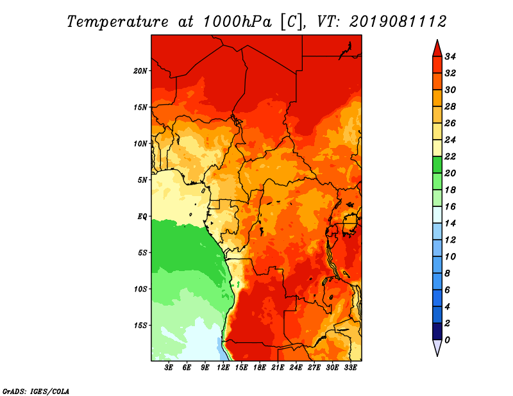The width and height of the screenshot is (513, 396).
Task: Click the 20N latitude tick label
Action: coord(140,71)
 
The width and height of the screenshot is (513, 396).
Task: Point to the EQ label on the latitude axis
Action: coord(142,217)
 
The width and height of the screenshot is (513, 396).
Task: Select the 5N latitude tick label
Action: coord(142,180)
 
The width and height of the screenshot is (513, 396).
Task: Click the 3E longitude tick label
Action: coord(169,368)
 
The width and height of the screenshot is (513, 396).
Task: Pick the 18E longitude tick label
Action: coord(260,368)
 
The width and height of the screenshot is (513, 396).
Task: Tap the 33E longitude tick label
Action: coord(350,368)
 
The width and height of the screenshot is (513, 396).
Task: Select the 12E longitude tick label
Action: coord(223,368)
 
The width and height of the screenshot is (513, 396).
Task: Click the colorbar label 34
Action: coord(450,56)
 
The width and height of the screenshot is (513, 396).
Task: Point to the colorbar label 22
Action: coord(450,156)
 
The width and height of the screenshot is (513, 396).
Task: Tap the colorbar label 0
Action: coord(447,340)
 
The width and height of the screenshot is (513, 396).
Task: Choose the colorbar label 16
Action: coord(450,207)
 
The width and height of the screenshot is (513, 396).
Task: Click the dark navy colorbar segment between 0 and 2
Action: coord(437,331)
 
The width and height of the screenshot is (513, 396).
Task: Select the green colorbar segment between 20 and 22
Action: coord(437,165)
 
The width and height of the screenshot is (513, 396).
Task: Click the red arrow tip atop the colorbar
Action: coord(437,40)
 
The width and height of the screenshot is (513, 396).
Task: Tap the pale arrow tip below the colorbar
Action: coord(437,356)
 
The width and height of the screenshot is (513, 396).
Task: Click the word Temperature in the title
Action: coord(118,22)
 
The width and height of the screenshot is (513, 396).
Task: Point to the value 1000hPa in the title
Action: coord(237,22)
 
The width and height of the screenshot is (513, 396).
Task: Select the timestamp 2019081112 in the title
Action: coord(398,22)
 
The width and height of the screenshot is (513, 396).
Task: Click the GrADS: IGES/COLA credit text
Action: coord(36,392)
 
